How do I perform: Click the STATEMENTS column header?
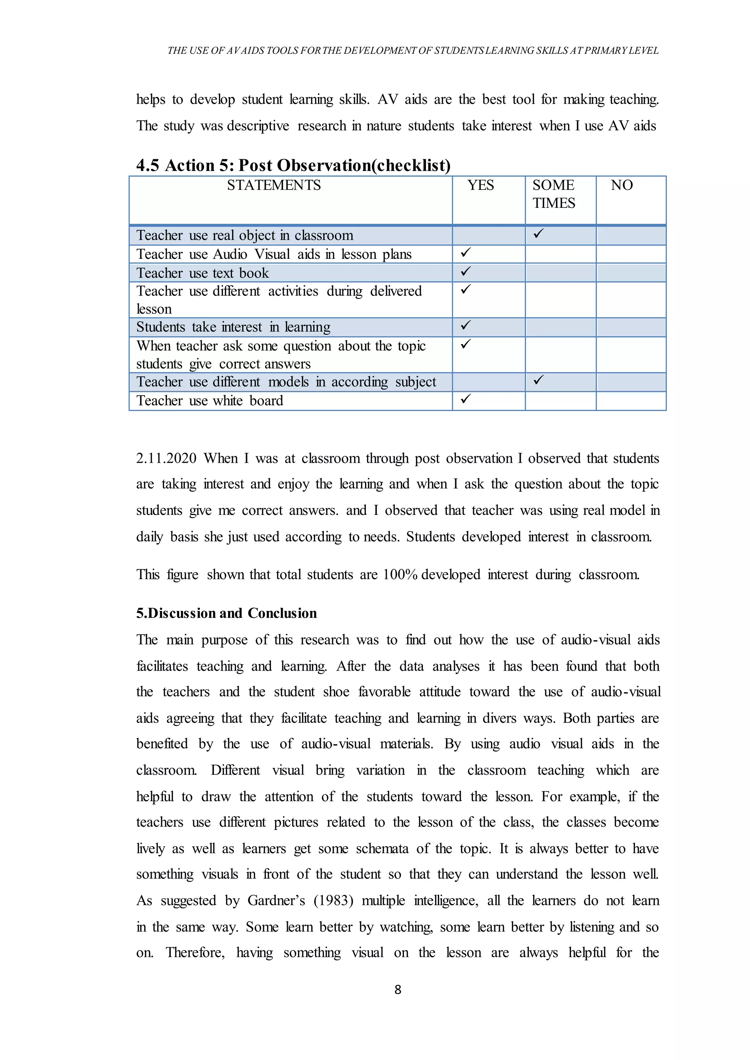click(274, 186)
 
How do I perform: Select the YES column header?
click(480, 186)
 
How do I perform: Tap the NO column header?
click(621, 186)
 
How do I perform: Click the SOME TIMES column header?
click(554, 194)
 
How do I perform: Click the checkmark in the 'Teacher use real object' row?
click(538, 234)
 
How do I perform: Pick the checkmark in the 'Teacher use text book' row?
click(465, 272)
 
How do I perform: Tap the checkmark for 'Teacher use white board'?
click(465, 399)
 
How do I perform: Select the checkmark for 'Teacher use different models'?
click(538, 380)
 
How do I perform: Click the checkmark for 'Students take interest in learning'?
click(465, 325)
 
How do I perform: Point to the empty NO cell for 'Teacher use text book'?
click(631, 273)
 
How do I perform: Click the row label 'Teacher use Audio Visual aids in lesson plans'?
click(274, 254)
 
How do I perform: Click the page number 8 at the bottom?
click(398, 989)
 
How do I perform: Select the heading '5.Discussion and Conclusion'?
click(226, 613)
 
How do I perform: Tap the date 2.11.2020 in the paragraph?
click(166, 458)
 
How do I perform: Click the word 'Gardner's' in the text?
click(276, 901)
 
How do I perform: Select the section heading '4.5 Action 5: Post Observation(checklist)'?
click(293, 165)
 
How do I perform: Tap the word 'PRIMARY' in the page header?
click(604, 50)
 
